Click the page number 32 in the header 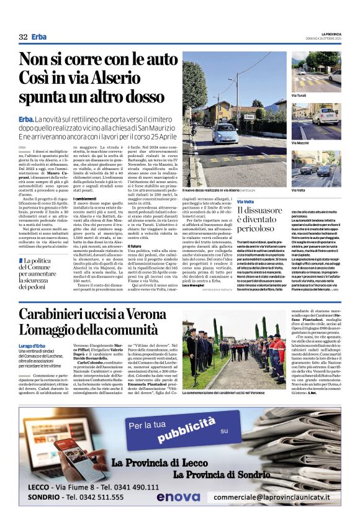pos(23,37)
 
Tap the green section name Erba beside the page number pos(39,37)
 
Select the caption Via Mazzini pos(301,143)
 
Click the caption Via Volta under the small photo pos(299,190)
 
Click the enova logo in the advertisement pos(178,497)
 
